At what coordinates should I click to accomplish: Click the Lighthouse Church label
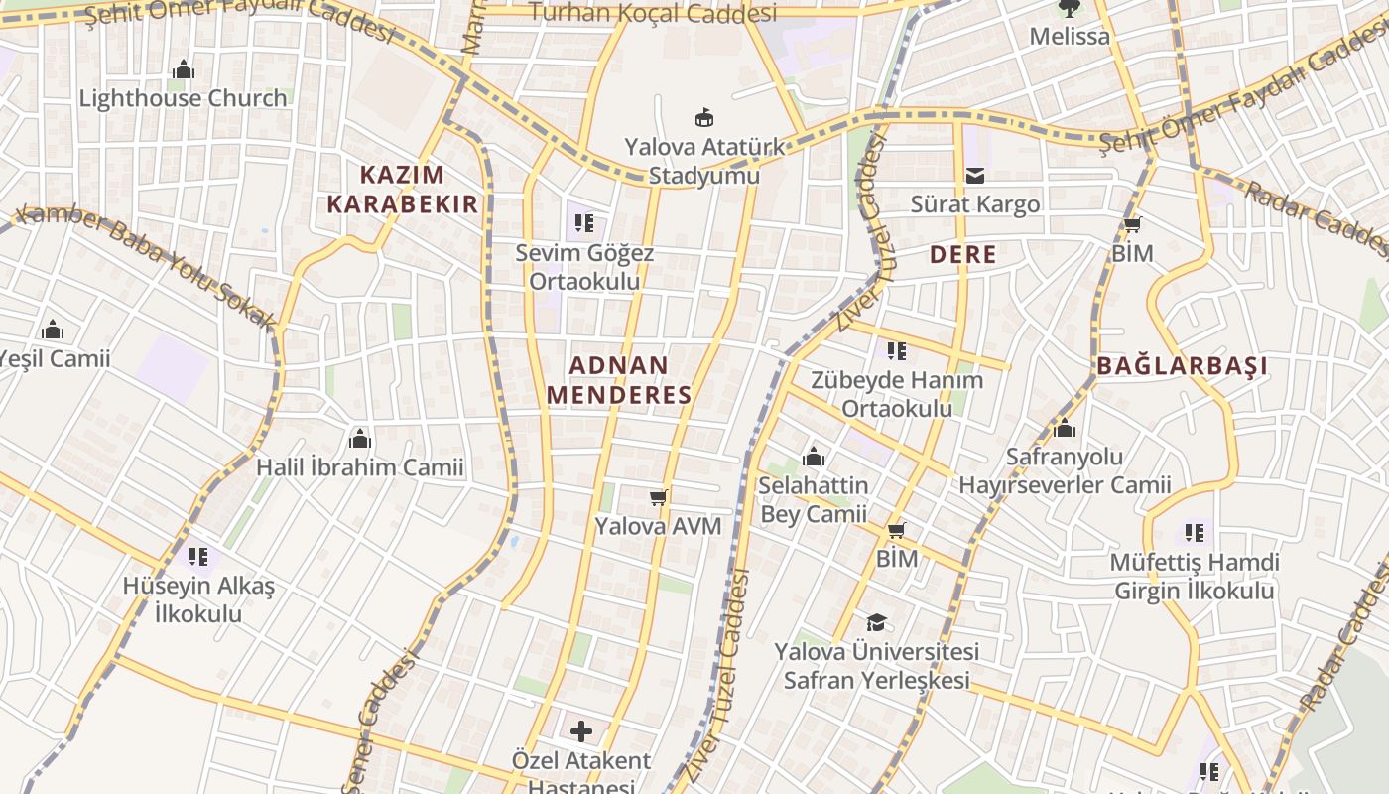(184, 98)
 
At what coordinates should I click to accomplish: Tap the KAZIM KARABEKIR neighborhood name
(403, 190)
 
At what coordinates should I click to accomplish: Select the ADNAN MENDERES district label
(619, 380)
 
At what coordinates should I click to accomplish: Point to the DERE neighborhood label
(962, 255)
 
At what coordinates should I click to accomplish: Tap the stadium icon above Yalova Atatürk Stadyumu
(704, 118)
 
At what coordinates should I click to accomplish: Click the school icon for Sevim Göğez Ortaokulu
(584, 223)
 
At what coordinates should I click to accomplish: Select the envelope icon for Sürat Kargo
(975, 176)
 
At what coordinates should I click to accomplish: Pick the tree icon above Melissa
(1069, 9)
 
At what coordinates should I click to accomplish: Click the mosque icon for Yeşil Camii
(53, 330)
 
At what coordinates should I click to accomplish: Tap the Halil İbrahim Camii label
(360, 467)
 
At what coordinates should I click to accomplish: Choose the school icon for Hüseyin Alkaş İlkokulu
(198, 557)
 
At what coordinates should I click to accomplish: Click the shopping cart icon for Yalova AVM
(658, 497)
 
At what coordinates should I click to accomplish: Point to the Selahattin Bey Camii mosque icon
(814, 457)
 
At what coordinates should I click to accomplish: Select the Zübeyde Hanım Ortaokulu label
(897, 394)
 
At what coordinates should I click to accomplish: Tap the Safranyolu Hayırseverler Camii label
(1065, 471)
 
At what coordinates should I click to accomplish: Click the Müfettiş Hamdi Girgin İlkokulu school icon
(1195, 533)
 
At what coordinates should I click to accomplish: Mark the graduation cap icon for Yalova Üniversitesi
(876, 622)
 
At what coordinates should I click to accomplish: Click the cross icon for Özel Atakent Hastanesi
(581, 732)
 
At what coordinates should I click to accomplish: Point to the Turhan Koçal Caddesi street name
(654, 13)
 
